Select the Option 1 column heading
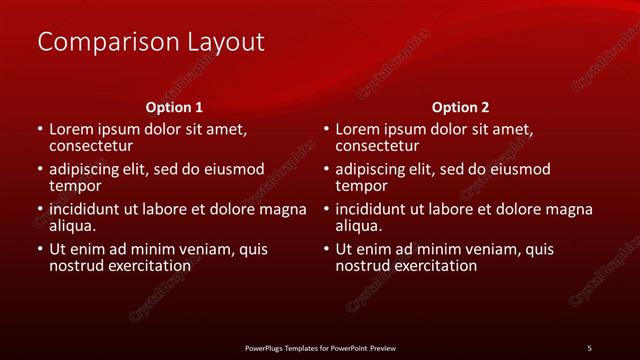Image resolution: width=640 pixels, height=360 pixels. tap(174, 106)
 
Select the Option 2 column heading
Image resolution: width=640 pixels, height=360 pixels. tap(460, 106)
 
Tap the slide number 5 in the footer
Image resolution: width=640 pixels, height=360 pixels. tap(589, 347)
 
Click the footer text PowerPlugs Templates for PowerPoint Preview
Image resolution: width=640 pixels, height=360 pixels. tap(320, 347)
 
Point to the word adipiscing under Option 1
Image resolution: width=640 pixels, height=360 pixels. tap(88, 169)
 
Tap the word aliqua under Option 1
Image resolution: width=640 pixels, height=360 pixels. tap(74, 225)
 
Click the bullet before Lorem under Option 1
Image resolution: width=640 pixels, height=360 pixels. tap(40, 129)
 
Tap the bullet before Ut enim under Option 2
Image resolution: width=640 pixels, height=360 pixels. tap(326, 249)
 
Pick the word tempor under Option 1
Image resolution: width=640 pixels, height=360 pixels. tap(75, 185)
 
